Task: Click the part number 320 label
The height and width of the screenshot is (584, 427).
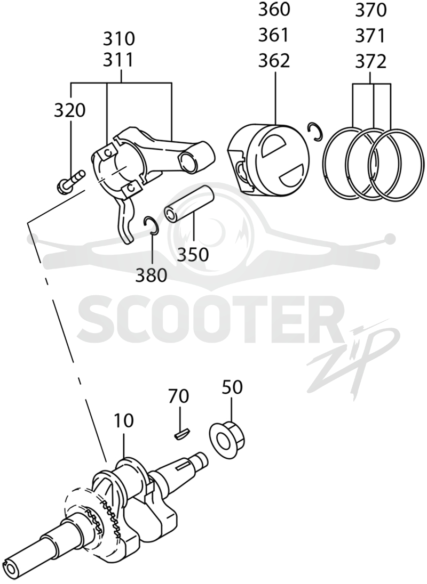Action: click(x=70, y=110)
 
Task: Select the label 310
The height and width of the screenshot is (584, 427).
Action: click(x=119, y=39)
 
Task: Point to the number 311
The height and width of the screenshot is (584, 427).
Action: click(x=119, y=60)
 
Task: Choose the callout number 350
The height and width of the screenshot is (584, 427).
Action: click(x=193, y=255)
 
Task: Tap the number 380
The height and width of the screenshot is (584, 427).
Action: click(x=151, y=276)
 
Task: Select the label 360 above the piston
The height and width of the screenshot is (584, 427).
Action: click(x=274, y=9)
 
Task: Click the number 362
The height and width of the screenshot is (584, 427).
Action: click(x=274, y=61)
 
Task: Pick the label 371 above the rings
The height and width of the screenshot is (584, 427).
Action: click(x=370, y=36)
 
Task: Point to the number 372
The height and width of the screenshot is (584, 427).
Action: click(x=370, y=61)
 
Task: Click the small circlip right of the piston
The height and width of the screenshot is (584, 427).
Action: click(x=315, y=132)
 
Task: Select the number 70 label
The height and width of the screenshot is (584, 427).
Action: click(x=179, y=396)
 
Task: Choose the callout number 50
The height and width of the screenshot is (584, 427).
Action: click(x=232, y=387)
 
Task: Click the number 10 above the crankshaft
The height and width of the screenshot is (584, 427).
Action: click(x=124, y=421)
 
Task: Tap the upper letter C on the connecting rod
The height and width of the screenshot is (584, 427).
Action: click(x=107, y=152)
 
